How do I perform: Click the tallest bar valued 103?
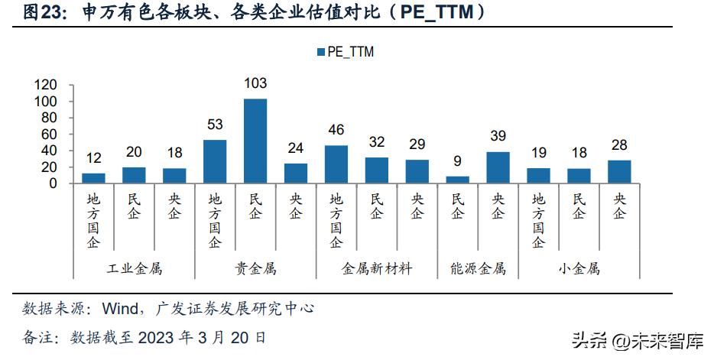(255, 141)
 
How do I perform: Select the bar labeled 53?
(215, 161)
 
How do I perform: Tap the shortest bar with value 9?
(457, 180)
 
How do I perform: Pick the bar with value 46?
(336, 164)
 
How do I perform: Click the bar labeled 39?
(498, 167)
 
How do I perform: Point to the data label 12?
(93, 158)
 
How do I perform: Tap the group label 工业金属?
(134, 269)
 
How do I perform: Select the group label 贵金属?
(255, 269)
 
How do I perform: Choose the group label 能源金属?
(478, 269)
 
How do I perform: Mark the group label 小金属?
(579, 269)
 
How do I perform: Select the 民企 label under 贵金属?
(255, 206)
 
